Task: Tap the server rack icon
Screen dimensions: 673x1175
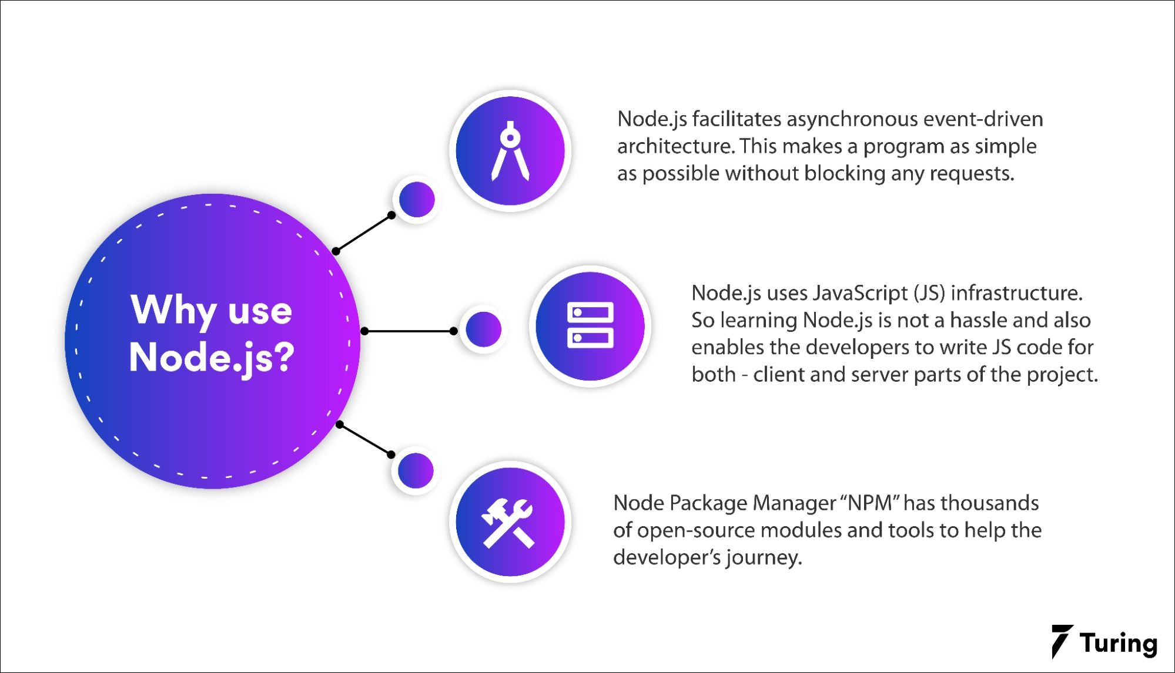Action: click(x=590, y=325)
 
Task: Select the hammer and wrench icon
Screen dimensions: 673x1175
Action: click(x=509, y=522)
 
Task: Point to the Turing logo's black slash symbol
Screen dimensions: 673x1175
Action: click(x=1062, y=641)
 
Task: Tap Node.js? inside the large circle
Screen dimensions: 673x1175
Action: click(x=211, y=356)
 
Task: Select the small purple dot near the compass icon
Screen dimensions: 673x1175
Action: click(x=417, y=200)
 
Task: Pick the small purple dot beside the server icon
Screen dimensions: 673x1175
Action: click(x=483, y=329)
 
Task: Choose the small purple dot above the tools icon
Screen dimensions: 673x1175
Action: click(x=416, y=470)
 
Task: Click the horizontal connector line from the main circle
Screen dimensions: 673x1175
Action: click(x=409, y=331)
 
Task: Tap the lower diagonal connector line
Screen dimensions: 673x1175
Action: click(x=365, y=439)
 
